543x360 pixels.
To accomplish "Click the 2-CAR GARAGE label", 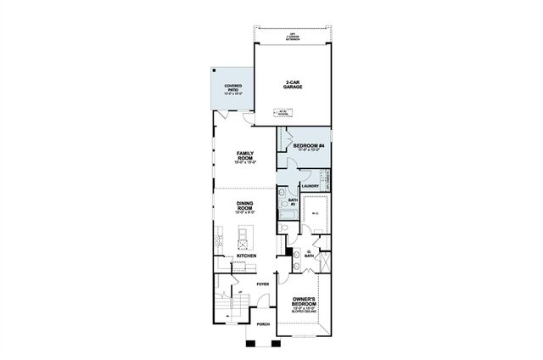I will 295,84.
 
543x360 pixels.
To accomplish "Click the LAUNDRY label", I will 309,185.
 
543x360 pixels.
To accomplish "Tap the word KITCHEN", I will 246,255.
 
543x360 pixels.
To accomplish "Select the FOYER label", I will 263,284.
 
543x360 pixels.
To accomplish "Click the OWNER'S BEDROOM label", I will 305,302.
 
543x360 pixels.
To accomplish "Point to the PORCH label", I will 263,323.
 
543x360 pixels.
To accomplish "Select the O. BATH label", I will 309,254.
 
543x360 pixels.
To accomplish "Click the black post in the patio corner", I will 216,70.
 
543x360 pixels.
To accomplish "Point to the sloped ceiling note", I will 305,312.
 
